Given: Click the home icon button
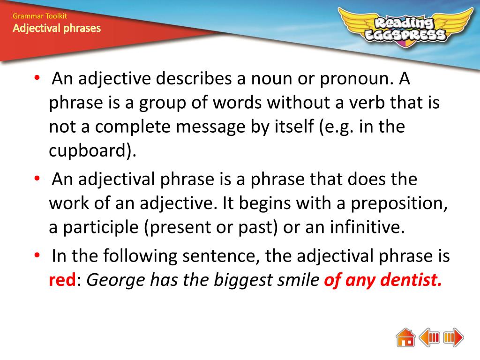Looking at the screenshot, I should pyautogui.click(x=405, y=337).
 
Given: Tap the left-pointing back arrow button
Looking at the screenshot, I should pyautogui.click(x=429, y=337).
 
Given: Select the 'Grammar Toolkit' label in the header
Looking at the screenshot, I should pyautogui.click(x=40, y=16).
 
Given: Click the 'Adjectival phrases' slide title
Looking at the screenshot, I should pyautogui.click(x=57, y=29).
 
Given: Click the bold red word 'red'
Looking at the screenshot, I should pyautogui.click(x=62, y=280).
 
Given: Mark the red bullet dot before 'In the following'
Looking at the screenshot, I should pyautogui.click(x=37, y=256).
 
